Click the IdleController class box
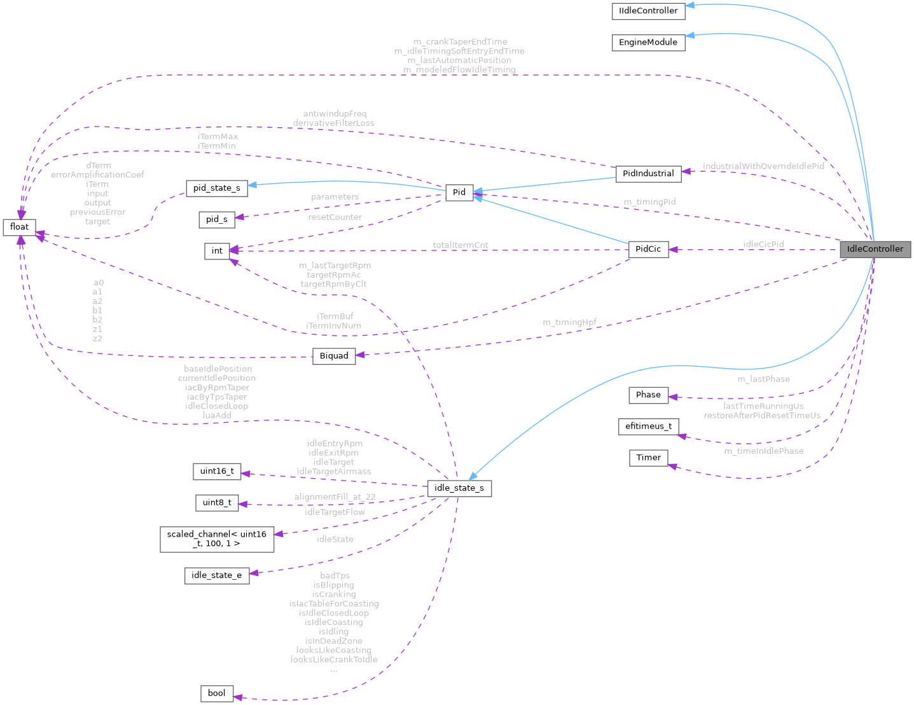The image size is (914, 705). [x=875, y=249]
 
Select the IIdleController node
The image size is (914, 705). [x=648, y=11]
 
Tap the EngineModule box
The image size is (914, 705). [x=648, y=43]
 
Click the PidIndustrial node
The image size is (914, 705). [x=647, y=174]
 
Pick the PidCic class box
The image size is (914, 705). [x=647, y=249]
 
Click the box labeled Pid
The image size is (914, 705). [x=459, y=193]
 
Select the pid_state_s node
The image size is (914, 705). [x=216, y=188]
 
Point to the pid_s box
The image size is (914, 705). [x=216, y=219]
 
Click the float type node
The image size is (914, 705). [x=19, y=227]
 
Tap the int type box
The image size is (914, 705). [x=217, y=251]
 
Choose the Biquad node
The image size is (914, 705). [x=333, y=356]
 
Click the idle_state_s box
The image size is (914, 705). [x=459, y=488]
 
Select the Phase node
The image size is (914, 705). [x=647, y=395]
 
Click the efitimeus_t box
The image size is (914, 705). [x=647, y=426]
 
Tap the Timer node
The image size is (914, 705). [x=647, y=458]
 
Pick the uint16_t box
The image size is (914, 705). [x=216, y=471]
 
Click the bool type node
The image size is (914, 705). [x=216, y=693]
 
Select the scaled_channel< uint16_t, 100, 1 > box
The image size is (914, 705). [x=216, y=539]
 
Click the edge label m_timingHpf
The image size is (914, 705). [x=569, y=322]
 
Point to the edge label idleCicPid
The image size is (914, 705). [x=763, y=244]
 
